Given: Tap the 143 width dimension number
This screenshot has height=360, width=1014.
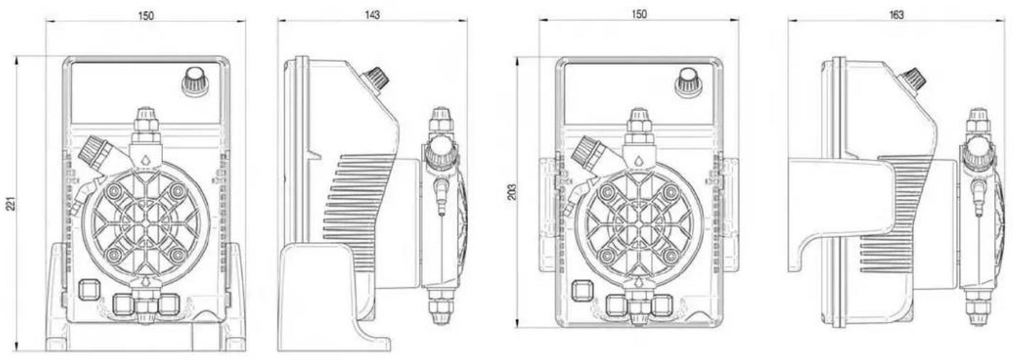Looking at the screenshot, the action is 372,15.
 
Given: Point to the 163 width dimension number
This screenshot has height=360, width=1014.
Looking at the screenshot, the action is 896,15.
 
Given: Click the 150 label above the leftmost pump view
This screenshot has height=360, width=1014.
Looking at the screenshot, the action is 146,16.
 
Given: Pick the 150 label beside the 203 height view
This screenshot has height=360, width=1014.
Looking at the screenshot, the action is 639,14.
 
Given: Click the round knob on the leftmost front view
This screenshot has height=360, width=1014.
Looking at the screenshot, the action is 195,82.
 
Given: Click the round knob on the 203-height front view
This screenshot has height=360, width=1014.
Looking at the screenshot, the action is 689,82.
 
